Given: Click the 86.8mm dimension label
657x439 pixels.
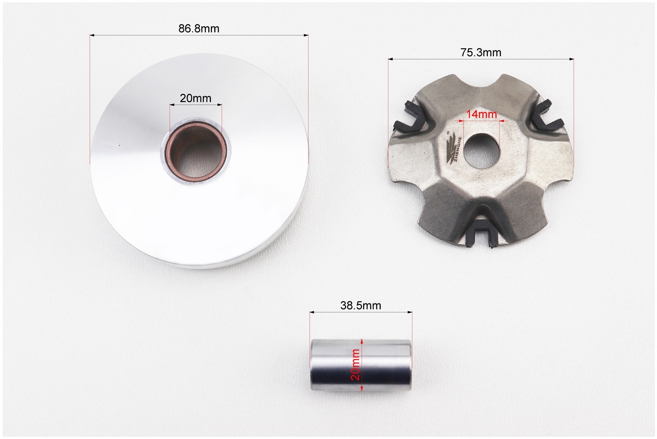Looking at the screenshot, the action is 199,29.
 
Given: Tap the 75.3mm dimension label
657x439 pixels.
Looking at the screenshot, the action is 481,52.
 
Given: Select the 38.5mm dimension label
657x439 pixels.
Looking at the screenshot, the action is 361,306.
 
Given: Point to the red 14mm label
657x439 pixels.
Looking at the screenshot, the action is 481,114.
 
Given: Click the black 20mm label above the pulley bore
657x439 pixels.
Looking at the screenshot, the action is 196,98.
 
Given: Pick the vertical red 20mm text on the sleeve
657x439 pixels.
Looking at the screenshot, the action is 356,364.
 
